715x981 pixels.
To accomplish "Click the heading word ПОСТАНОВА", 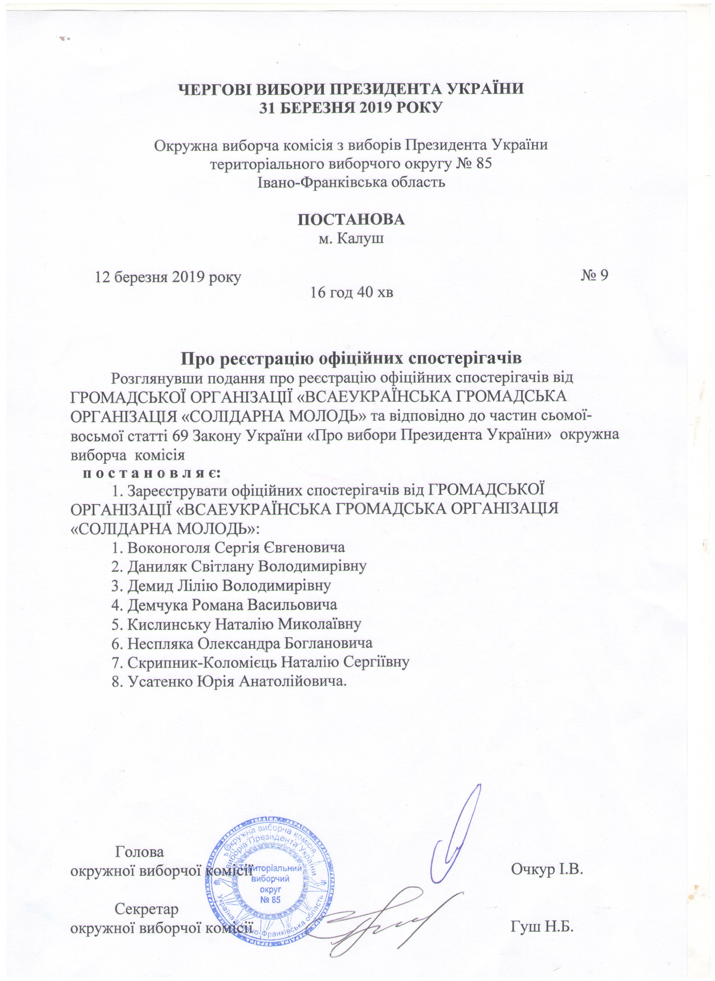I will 351,219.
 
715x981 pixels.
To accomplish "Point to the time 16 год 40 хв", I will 351,294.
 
